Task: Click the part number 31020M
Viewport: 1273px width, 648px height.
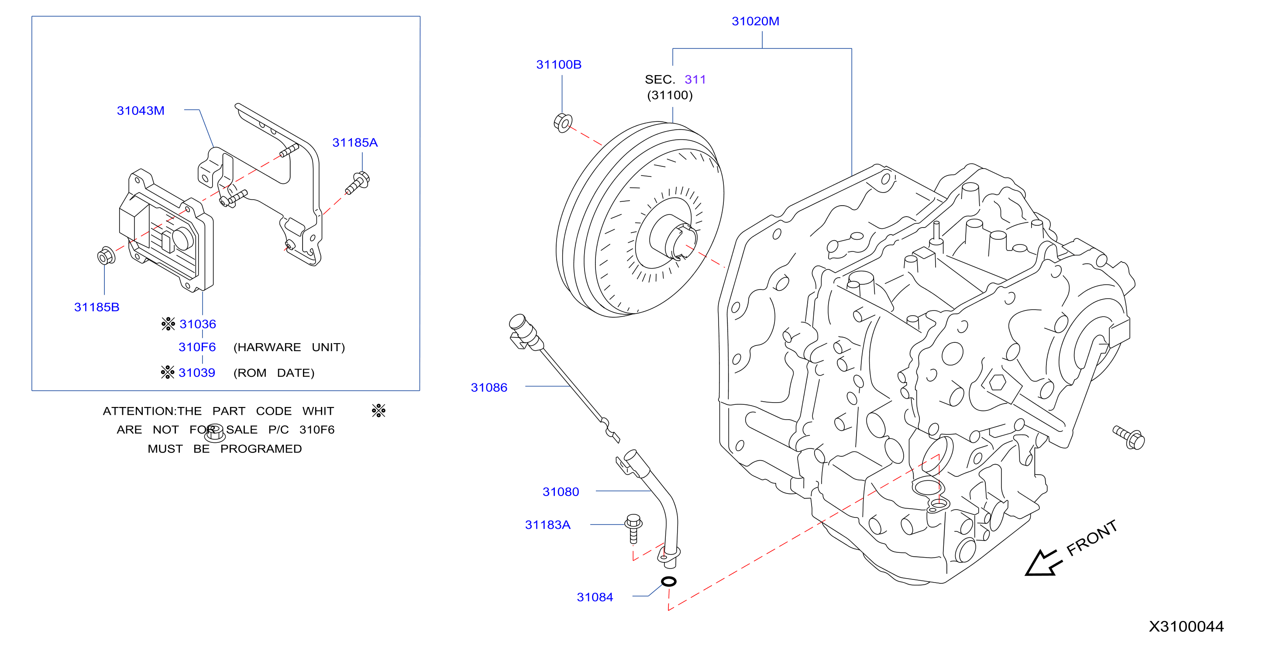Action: click(x=755, y=21)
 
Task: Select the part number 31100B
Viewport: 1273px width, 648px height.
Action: click(x=558, y=65)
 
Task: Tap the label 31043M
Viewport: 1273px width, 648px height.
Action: click(x=140, y=111)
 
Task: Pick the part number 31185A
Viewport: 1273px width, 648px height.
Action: click(x=355, y=143)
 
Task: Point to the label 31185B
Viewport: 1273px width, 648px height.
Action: click(x=97, y=307)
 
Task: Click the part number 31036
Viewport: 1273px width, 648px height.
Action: click(x=198, y=324)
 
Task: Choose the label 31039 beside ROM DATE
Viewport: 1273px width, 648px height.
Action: click(x=197, y=372)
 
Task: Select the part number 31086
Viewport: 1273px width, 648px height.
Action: click(x=489, y=387)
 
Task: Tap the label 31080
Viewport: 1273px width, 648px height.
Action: click(x=561, y=492)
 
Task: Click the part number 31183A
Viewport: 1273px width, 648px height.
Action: click(x=547, y=525)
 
